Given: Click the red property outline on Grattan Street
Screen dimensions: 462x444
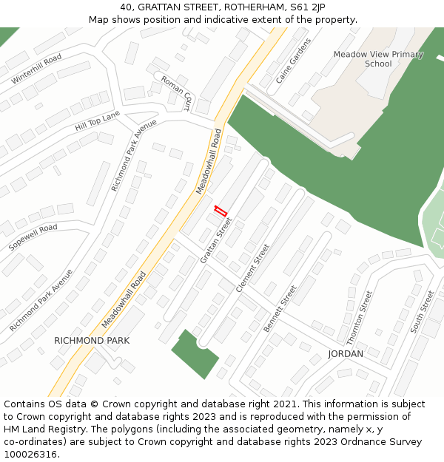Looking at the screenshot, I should pyautogui.click(x=220, y=211).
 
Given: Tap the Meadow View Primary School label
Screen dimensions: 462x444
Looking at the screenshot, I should pyautogui.click(x=378, y=58).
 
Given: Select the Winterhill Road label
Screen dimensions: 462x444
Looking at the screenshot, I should pyautogui.click(x=36, y=69).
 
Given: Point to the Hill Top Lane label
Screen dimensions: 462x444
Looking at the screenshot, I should pyautogui.click(x=97, y=121).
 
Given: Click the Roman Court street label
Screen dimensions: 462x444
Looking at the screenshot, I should pyautogui.click(x=176, y=93).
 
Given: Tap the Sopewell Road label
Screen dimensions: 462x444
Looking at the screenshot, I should pyautogui.click(x=33, y=237).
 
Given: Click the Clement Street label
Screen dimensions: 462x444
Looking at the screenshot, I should pyautogui.click(x=252, y=268).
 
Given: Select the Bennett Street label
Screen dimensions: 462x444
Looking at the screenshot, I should pyautogui.click(x=280, y=308).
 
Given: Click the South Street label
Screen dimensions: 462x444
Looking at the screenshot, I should pyautogui.click(x=423, y=311).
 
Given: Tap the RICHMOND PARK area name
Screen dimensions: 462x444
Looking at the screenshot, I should pyautogui.click(x=92, y=341).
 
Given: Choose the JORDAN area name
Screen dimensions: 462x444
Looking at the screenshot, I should pyautogui.click(x=346, y=354).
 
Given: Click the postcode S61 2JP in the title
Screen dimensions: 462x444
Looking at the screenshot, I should pyautogui.click(x=307, y=7).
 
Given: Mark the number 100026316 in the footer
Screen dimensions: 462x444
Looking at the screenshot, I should pyautogui.click(x=30, y=454).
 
